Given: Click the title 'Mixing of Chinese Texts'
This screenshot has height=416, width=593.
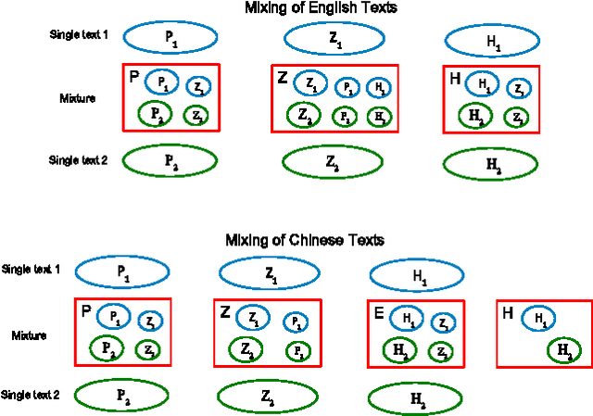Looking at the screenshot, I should pyautogui.click(x=305, y=240).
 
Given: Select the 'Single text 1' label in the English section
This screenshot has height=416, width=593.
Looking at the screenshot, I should pyautogui.click(x=79, y=34).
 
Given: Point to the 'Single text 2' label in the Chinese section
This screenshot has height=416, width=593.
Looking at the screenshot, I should pyautogui.click(x=31, y=395).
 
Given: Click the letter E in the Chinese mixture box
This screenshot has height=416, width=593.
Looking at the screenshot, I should pyautogui.click(x=378, y=313).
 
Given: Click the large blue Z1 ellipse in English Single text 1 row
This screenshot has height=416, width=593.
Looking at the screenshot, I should pyautogui.click(x=333, y=38).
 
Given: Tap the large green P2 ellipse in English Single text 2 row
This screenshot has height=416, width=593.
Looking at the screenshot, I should pyautogui.click(x=170, y=159).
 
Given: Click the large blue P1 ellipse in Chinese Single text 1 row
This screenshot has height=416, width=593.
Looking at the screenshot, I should pyautogui.click(x=121, y=271).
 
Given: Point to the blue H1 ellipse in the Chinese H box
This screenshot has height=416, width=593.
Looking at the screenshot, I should pyautogui.click(x=539, y=319).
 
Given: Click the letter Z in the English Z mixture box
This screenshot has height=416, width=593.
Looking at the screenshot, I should pyautogui.click(x=283, y=78).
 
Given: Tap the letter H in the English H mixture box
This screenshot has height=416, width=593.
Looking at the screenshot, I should pyautogui.click(x=454, y=80).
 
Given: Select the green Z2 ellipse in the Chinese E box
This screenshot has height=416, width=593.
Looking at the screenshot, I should pyautogui.click(x=443, y=352).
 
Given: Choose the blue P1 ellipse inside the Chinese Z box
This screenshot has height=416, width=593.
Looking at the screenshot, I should pyautogui.click(x=296, y=321).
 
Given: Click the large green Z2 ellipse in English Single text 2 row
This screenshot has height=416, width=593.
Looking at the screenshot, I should pyautogui.click(x=331, y=161).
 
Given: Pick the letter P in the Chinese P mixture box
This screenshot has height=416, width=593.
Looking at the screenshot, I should pyautogui.click(x=85, y=310).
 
